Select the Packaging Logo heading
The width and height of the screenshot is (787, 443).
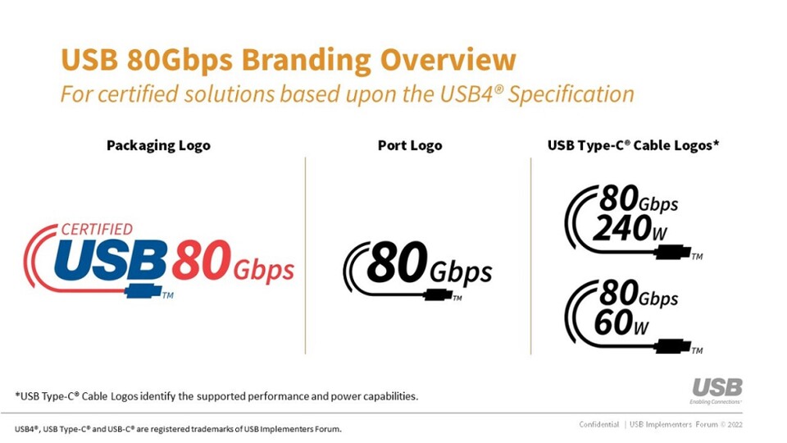tap(158, 145)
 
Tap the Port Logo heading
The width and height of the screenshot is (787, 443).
tap(409, 145)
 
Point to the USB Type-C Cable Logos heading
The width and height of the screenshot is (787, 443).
tap(633, 145)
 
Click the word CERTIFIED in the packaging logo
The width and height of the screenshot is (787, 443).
tap(97, 229)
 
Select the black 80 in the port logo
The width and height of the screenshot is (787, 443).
tap(398, 263)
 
